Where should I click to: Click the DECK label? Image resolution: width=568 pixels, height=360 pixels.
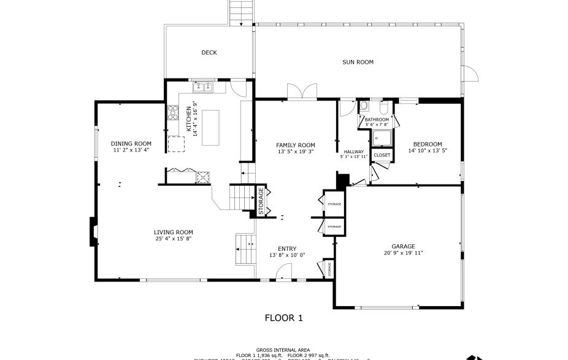[x=209, y=53]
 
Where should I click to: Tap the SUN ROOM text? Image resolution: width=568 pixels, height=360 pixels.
[x=358, y=62]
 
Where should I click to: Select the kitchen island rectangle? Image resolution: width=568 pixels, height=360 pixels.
[x=210, y=128]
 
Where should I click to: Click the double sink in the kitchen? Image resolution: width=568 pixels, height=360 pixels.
[x=202, y=86]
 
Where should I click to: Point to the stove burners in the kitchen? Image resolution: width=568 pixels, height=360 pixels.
[x=173, y=113]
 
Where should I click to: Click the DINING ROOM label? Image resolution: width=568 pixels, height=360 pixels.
[x=131, y=144]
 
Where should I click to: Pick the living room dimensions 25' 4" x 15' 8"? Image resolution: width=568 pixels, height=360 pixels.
[x=173, y=239]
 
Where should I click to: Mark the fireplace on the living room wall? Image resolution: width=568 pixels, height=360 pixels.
[x=93, y=231]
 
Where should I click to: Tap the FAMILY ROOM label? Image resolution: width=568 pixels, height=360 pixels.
[x=295, y=144]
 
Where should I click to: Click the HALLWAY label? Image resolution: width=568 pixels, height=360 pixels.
[x=353, y=151]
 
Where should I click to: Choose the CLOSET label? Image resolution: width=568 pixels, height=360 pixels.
[x=382, y=156]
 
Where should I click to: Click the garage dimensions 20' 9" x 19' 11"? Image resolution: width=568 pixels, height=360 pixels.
[x=403, y=253]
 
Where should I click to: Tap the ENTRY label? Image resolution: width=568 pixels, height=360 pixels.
[x=286, y=248]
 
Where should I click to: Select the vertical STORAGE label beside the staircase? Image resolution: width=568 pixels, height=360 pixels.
[x=261, y=201]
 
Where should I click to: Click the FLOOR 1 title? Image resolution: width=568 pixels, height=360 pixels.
[x=283, y=318]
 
